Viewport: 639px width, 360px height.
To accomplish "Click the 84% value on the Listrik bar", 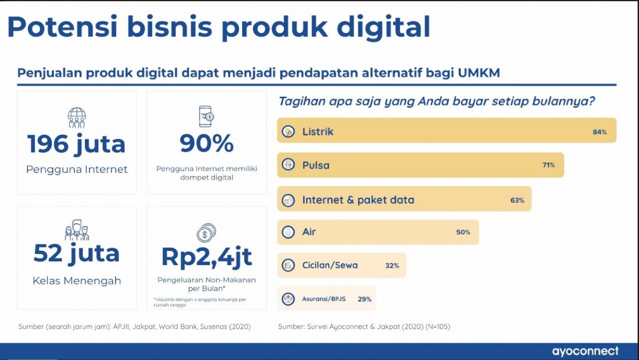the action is (x=600, y=132).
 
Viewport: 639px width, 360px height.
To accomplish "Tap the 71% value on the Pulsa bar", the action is (x=549, y=165).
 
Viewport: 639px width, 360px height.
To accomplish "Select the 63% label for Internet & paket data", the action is (x=517, y=200).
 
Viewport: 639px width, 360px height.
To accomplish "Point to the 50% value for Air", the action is (x=464, y=232).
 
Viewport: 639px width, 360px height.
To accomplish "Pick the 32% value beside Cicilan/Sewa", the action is (x=392, y=266).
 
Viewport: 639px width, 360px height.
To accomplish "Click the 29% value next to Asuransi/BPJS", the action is (x=364, y=299).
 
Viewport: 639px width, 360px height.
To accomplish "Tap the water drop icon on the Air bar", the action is (x=288, y=232).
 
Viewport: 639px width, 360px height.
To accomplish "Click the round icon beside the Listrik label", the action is (x=288, y=132).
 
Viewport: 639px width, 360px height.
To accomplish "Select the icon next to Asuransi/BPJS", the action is (x=288, y=299).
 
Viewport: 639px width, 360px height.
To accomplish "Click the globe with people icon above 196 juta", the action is (x=77, y=118).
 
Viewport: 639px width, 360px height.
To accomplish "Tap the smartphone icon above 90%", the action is (x=206, y=117).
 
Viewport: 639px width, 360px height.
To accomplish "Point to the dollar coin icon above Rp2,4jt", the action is (x=206, y=233).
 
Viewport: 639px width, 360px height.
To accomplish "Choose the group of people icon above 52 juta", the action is (x=77, y=230).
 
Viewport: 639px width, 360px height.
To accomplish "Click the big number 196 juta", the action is (x=77, y=144).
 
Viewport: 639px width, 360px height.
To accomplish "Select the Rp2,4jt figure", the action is (x=207, y=257).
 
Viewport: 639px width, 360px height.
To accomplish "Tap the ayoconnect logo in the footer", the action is (x=585, y=351).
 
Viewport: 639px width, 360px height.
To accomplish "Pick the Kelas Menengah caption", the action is (x=77, y=281).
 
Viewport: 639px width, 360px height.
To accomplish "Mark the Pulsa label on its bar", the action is (x=316, y=165).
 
